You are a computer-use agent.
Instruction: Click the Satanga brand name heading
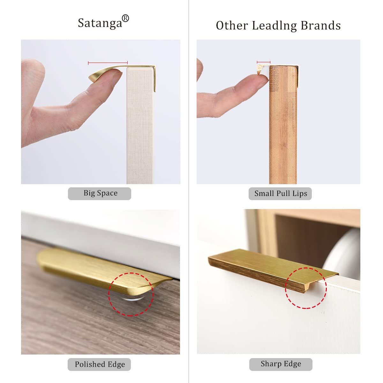point(100,23)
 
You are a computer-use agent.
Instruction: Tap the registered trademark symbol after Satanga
point(125,19)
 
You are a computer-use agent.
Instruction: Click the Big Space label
point(100,193)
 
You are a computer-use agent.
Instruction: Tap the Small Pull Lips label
point(280,193)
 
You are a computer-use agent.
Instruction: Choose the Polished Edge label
point(99,364)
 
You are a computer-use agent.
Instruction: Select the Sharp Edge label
point(281,364)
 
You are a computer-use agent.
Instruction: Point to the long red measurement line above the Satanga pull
point(108,63)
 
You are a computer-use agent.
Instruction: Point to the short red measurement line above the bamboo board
point(264,62)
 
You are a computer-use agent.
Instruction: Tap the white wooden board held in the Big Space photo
point(140,128)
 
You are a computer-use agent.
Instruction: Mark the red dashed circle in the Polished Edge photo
point(131,294)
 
